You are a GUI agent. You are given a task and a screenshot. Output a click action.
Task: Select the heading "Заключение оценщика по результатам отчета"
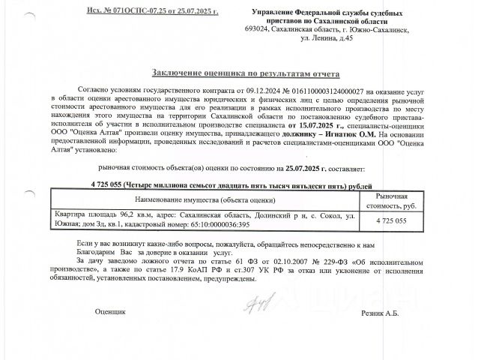246,74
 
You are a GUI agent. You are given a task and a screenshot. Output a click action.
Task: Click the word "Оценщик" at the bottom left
110,311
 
